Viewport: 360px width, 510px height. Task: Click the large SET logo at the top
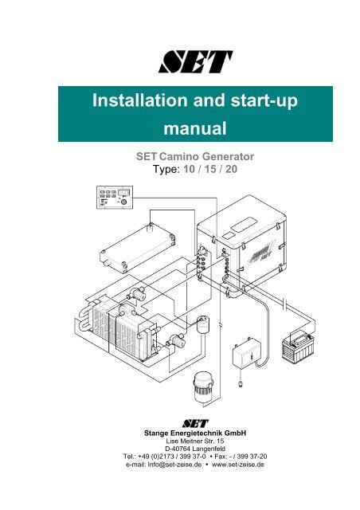point(195,61)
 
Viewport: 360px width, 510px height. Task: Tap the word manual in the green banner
point(195,128)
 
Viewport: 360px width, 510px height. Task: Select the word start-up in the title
point(264,101)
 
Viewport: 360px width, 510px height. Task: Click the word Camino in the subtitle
point(179,156)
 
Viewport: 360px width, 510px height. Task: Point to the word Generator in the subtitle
point(228,156)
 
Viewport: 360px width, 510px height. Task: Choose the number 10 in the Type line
point(190,169)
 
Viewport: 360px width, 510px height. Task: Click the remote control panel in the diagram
point(115,198)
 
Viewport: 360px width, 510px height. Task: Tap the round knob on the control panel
point(123,202)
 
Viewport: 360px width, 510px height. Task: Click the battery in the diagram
point(298,347)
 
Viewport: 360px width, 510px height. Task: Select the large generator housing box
point(241,246)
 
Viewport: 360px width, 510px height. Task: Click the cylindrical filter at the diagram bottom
point(202,388)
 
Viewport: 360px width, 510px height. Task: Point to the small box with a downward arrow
point(247,355)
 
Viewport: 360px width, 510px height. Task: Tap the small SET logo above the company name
point(195,423)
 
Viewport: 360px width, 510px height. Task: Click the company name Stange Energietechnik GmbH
point(195,433)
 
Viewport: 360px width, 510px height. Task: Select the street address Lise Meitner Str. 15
point(195,441)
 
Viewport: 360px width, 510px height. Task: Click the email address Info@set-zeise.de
point(174,465)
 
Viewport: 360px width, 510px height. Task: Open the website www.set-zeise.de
point(238,465)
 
